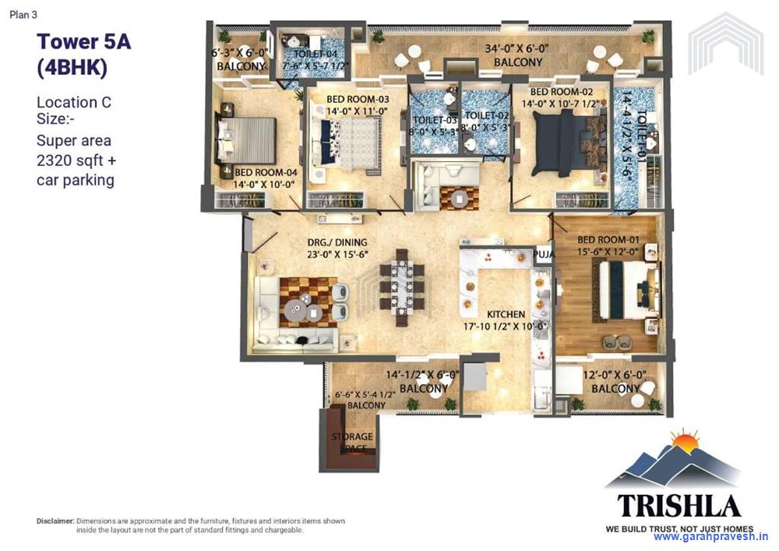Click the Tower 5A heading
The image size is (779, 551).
pyautogui.click(x=83, y=41)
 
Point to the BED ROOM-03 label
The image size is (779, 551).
pyautogui.click(x=358, y=99)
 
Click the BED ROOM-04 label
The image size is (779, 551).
pyautogui.click(x=266, y=172)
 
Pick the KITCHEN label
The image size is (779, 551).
pyautogui.click(x=506, y=314)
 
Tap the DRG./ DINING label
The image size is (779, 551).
pyautogui.click(x=337, y=242)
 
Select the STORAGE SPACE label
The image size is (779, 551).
pyautogui.click(x=352, y=442)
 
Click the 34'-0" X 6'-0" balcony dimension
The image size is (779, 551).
pyautogui.click(x=516, y=48)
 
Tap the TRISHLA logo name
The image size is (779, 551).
pyautogui.click(x=679, y=504)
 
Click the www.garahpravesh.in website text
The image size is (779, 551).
pyautogui.click(x=710, y=537)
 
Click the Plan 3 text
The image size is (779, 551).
pyautogui.click(x=23, y=14)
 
